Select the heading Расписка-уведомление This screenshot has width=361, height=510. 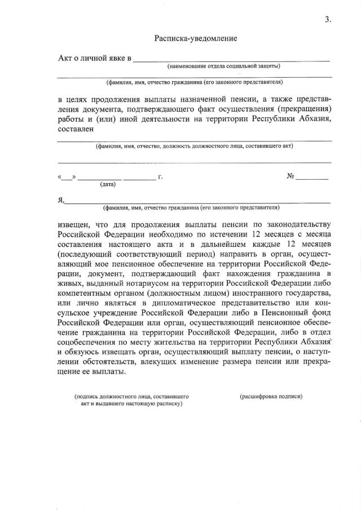[196, 38]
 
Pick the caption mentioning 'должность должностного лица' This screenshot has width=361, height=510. [194, 146]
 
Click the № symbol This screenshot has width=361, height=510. [291, 176]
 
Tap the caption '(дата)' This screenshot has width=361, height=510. [108, 184]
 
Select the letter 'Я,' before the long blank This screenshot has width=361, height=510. [61, 199]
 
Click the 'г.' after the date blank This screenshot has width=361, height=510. [161, 177]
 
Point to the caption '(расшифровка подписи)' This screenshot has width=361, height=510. [271, 396]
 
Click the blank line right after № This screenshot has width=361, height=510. [312, 178]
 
